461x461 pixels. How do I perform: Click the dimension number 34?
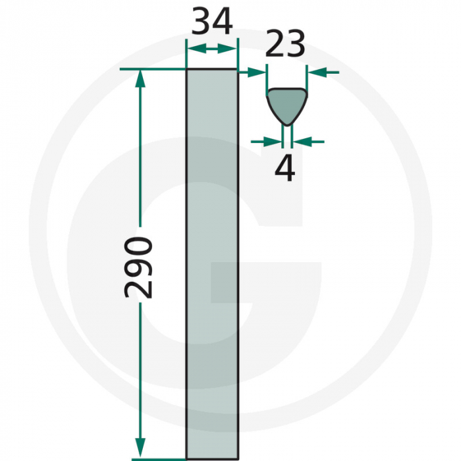(212, 22)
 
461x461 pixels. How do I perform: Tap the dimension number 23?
(286, 45)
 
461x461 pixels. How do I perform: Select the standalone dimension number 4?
(285, 169)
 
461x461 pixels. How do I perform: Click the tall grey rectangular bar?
(212, 263)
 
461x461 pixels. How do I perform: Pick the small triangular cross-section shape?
(286, 103)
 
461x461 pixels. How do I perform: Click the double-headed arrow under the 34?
(212, 49)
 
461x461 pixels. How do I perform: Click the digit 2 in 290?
(140, 287)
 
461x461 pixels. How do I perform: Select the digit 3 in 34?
(202, 22)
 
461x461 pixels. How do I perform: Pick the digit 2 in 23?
(276, 45)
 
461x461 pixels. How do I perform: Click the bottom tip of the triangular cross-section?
(287, 124)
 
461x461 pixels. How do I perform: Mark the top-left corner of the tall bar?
(188, 70)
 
